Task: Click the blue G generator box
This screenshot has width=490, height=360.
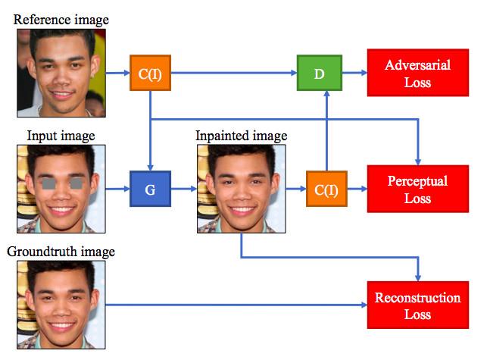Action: pyautogui.click(x=150, y=189)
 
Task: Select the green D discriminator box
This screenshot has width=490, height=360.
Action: pyautogui.click(x=320, y=73)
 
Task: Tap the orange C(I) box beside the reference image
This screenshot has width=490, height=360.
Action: pyautogui.click(x=150, y=73)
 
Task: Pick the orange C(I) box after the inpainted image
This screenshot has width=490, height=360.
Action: pyautogui.click(x=326, y=189)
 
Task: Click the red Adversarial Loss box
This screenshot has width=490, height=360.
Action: pyautogui.click(x=418, y=73)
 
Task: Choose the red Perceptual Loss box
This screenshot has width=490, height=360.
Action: pyautogui.click(x=418, y=189)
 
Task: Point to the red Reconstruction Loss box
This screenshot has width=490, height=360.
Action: pyautogui.click(x=418, y=305)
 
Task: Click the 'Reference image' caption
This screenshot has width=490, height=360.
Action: pyautogui.click(x=61, y=20)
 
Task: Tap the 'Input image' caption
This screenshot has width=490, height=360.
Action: pyautogui.click(x=61, y=136)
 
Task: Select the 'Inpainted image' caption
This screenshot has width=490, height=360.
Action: pyautogui.click(x=242, y=136)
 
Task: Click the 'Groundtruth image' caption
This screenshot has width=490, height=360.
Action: pyautogui.click(x=61, y=252)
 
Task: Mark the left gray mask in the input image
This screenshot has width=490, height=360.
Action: pyautogui.click(x=48, y=183)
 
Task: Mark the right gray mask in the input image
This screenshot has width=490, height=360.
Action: pyautogui.click(x=76, y=183)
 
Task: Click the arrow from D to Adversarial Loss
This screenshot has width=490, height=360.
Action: pyautogui.click(x=354, y=73)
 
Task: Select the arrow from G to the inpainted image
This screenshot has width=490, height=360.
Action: pyautogui.click(x=184, y=189)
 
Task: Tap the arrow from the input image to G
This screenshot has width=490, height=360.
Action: pyautogui.click(x=117, y=189)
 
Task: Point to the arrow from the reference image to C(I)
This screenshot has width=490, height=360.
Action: pyautogui.click(x=118, y=73)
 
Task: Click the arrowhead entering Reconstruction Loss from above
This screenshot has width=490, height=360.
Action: pyautogui.click(x=418, y=278)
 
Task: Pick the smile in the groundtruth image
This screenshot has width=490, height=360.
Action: pyautogui.click(x=61, y=326)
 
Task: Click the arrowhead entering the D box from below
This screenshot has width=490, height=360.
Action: pyautogui.click(x=326, y=94)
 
